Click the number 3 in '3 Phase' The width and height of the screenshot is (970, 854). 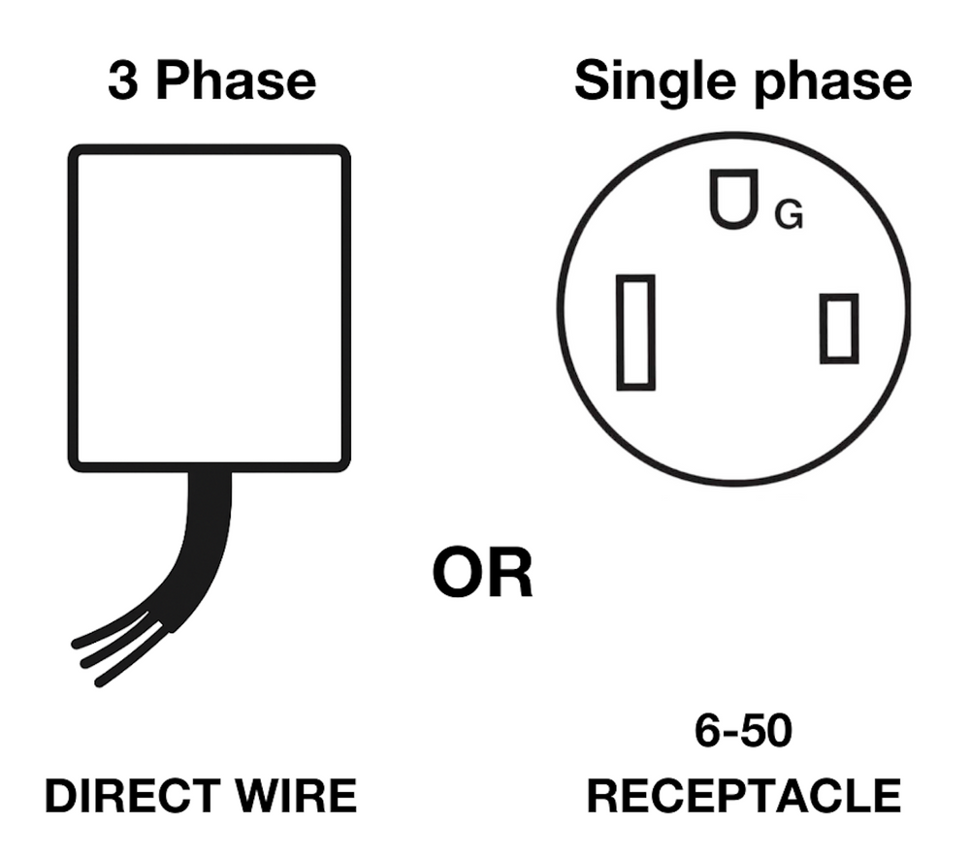pyautogui.click(x=123, y=80)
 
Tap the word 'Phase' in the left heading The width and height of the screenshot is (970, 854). pyautogui.click(x=236, y=80)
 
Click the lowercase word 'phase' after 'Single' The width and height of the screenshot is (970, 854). pyautogui.click(x=832, y=83)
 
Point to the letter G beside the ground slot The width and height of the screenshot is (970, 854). pyautogui.click(x=789, y=214)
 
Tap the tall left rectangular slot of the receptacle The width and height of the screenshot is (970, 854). pyautogui.click(x=636, y=332)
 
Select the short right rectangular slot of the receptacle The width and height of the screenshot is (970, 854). pyautogui.click(x=839, y=329)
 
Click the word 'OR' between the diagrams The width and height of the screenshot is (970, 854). pyautogui.click(x=482, y=573)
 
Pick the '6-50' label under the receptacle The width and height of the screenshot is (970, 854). pyautogui.click(x=743, y=730)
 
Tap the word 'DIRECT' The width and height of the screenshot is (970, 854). pyautogui.click(x=132, y=795)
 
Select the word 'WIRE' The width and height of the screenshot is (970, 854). pyautogui.click(x=296, y=795)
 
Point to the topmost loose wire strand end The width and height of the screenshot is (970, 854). pyautogui.click(x=76, y=644)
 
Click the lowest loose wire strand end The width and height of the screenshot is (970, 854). pyautogui.click(x=99, y=682)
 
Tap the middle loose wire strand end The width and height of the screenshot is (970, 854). pyautogui.click(x=85, y=664)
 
